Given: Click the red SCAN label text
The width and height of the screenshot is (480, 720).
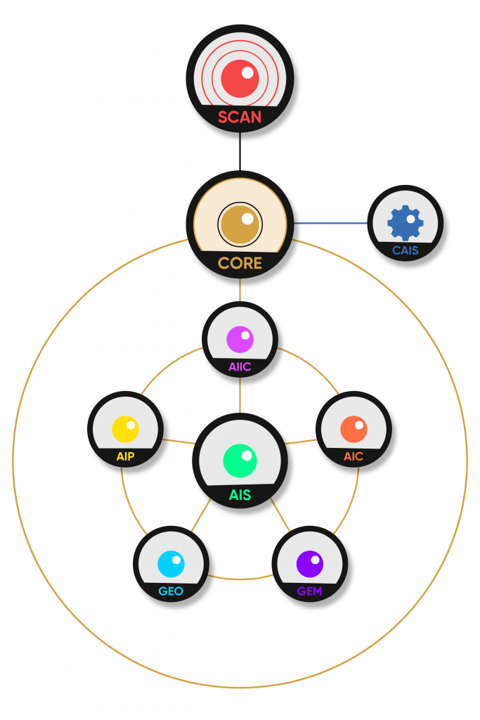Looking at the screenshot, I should (240, 117).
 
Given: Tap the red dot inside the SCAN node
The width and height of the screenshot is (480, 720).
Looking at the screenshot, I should (240, 78).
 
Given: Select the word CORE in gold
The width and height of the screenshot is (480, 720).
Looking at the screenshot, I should (240, 264).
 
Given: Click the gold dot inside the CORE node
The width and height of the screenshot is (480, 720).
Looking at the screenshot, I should (240, 224).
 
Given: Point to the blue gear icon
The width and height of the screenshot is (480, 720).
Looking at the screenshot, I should (406, 223).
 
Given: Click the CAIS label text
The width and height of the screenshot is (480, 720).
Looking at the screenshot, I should (406, 250).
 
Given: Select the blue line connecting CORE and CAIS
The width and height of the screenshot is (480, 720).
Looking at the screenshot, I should (330, 224).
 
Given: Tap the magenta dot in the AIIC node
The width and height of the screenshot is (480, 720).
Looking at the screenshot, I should (240, 339).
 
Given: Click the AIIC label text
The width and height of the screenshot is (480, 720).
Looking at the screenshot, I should (240, 366).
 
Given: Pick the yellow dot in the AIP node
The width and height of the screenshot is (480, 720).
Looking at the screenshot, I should (125, 429).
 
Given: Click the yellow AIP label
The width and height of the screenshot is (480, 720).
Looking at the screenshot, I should (125, 456).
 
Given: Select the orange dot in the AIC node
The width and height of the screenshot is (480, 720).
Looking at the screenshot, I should (353, 429).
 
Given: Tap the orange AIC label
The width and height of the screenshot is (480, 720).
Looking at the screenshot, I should (353, 456).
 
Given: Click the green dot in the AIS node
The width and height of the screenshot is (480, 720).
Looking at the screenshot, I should (240, 461).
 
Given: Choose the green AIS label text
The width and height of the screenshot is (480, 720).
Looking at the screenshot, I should (240, 495).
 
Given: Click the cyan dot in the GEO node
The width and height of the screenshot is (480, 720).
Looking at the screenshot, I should (171, 564).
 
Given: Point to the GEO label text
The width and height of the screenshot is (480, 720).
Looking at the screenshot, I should (171, 591).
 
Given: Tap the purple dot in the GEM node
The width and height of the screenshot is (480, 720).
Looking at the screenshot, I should (309, 564).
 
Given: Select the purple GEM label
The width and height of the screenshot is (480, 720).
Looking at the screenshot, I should (309, 591).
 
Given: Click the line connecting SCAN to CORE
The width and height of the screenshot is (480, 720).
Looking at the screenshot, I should (240, 151).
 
